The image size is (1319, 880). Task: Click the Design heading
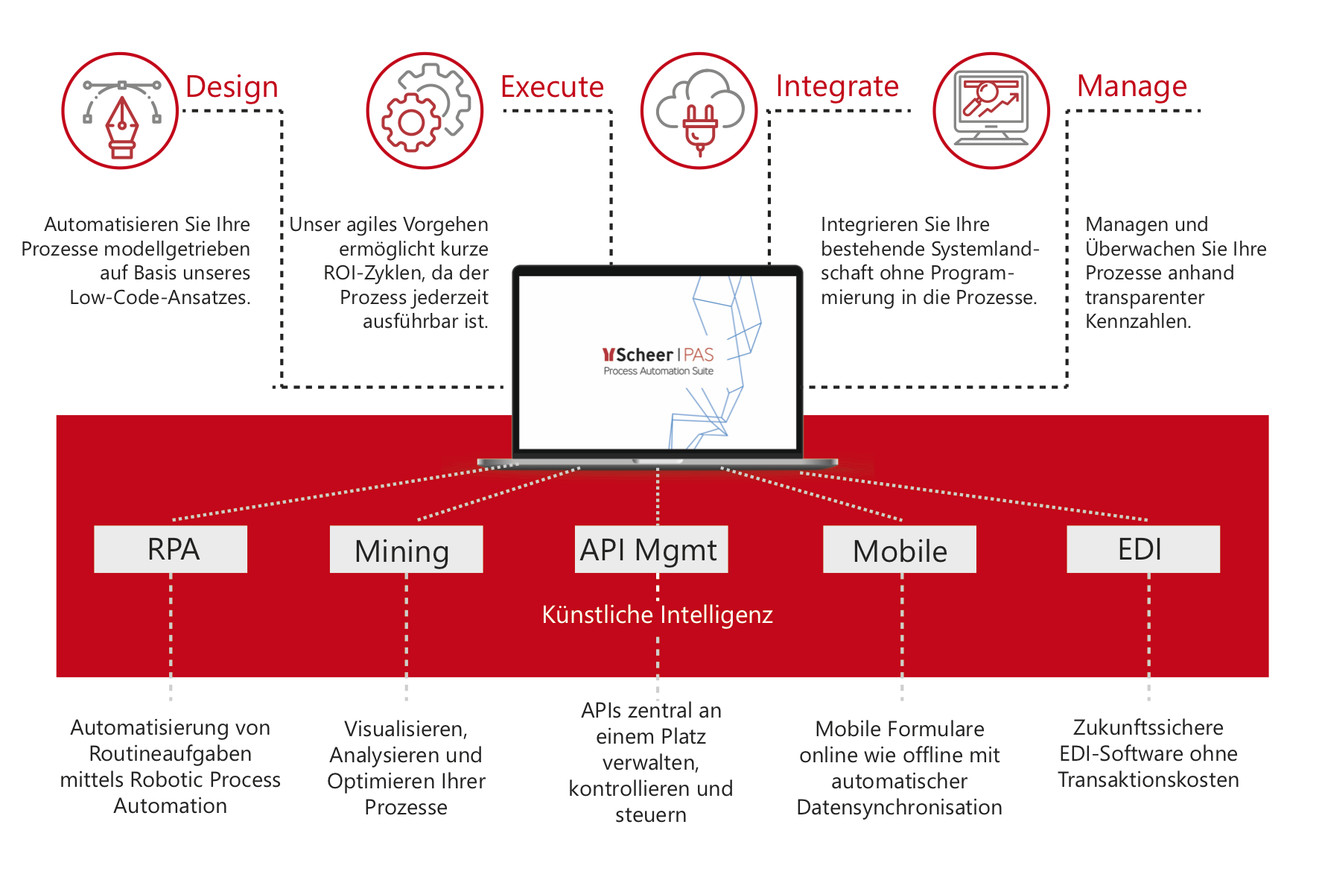click(232, 87)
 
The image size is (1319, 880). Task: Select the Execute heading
click(552, 87)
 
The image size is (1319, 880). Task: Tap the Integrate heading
click(837, 87)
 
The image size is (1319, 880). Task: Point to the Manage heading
click(1132, 87)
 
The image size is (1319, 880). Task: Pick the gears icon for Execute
click(425, 111)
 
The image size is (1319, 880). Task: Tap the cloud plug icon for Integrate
click(699, 111)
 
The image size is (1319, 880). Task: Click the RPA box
click(171, 549)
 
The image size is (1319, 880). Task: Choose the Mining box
click(407, 549)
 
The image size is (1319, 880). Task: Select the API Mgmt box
click(651, 549)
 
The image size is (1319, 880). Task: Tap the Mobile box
click(900, 549)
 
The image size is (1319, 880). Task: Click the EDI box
click(1143, 549)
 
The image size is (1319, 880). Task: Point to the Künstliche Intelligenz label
click(657, 615)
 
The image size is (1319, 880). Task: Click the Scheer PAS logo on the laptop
click(658, 361)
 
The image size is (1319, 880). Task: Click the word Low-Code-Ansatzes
click(159, 298)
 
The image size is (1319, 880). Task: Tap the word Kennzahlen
click(1138, 322)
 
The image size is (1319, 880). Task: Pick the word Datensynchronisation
click(899, 808)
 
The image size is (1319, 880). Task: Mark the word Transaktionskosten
click(1148, 780)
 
